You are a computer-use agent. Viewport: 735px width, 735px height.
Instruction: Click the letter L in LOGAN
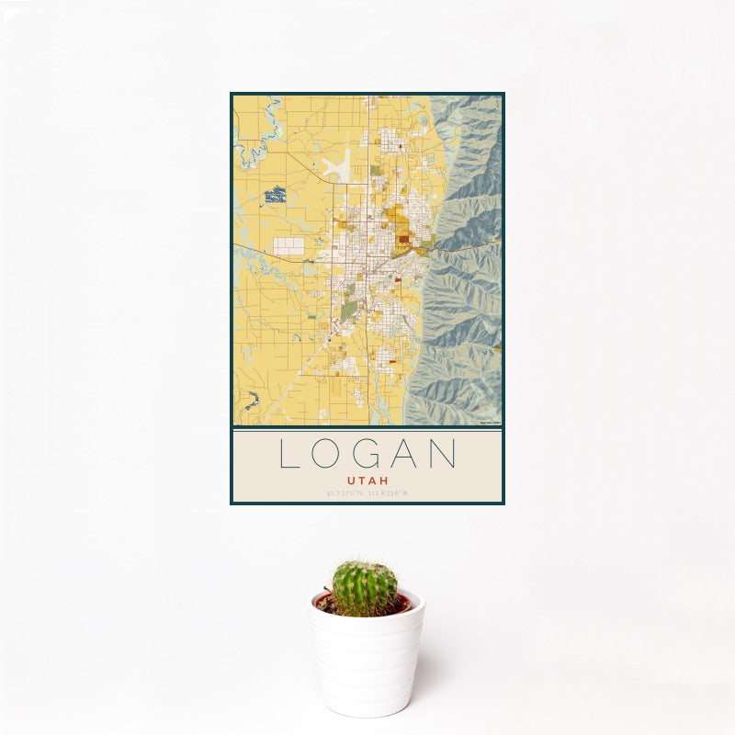click(x=289, y=455)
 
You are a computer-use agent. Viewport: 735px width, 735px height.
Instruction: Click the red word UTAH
click(x=367, y=481)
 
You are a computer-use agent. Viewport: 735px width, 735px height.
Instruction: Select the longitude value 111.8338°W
click(x=389, y=493)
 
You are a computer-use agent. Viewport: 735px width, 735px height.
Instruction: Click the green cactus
click(x=365, y=588)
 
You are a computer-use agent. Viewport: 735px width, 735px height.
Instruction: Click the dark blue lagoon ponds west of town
click(x=275, y=195)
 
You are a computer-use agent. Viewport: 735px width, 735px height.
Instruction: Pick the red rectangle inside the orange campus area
click(x=402, y=240)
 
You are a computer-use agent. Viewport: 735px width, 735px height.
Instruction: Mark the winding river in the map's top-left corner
click(x=258, y=138)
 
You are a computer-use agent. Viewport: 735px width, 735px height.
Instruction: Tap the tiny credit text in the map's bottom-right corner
click(x=491, y=423)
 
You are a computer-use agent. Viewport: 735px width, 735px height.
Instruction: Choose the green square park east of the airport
click(x=376, y=170)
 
